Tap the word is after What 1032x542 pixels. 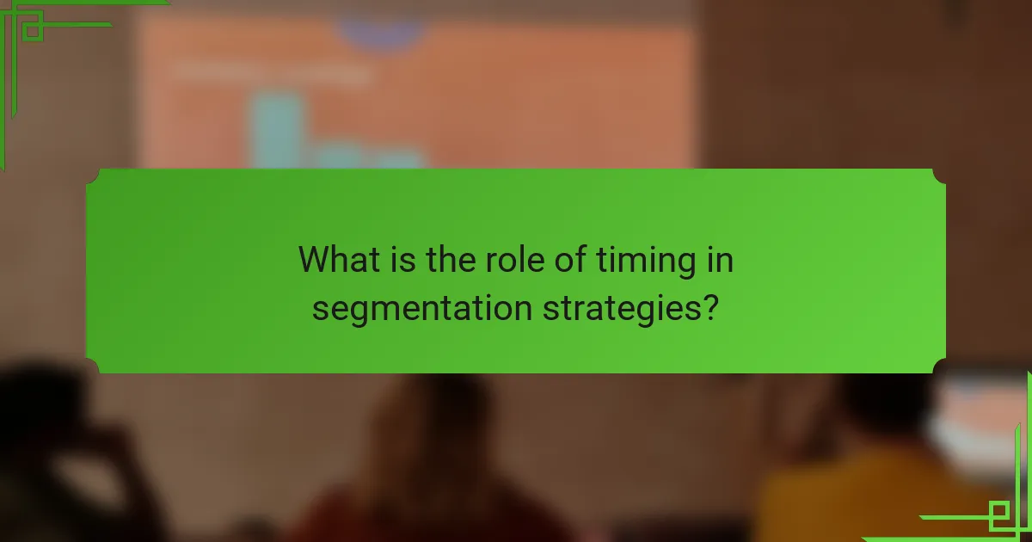(402, 259)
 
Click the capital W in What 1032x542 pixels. (315, 259)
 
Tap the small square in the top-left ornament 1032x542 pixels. (33, 31)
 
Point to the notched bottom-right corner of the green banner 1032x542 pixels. (938, 366)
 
